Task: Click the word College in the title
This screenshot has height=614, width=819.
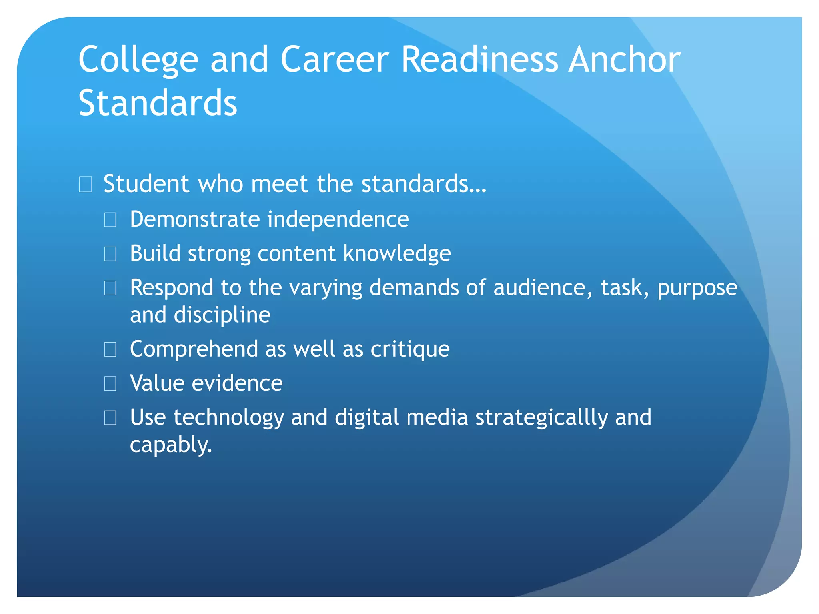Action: pyautogui.click(x=138, y=60)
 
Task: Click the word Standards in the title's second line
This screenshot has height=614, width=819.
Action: pyautogui.click(x=158, y=103)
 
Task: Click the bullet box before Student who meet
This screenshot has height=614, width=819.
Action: pyautogui.click(x=86, y=184)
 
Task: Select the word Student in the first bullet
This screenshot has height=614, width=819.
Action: pyautogui.click(x=146, y=184)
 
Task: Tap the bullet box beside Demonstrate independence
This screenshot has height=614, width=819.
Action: pyautogui.click(x=110, y=219)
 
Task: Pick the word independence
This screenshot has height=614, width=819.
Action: pyautogui.click(x=338, y=219)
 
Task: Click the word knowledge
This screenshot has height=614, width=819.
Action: pyautogui.click(x=397, y=253)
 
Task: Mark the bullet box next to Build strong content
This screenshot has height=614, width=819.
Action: pyautogui.click(x=110, y=253)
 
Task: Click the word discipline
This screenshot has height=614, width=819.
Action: pyautogui.click(x=222, y=315)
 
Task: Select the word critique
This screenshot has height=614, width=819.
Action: pyautogui.click(x=410, y=349)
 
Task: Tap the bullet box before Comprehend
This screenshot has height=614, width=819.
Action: pyautogui.click(x=110, y=349)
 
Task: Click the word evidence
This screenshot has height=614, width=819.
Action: pyautogui.click(x=237, y=383)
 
